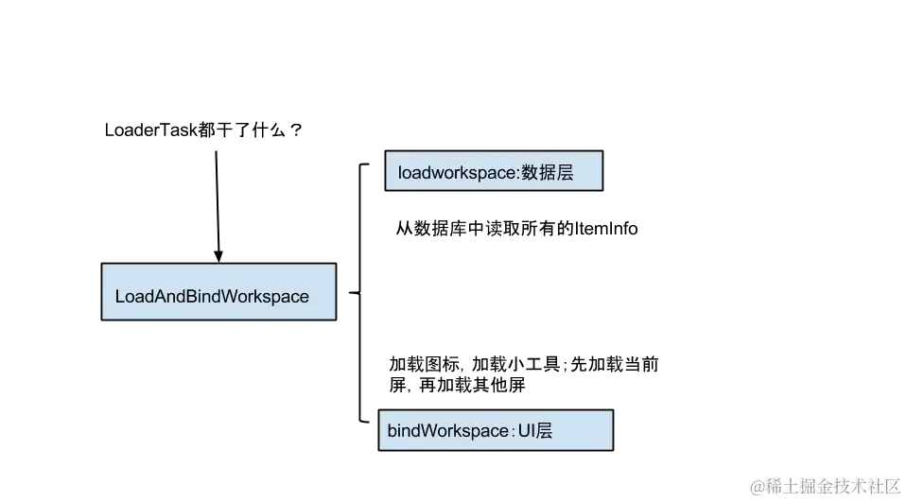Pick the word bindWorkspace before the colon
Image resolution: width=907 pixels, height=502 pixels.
coord(447,431)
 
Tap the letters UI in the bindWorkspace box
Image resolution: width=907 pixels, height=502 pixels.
coord(526,431)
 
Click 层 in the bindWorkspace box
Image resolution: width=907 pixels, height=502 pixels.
coord(544,431)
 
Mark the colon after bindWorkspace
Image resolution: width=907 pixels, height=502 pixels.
coord(513,432)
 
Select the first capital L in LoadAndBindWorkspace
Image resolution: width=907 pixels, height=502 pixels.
coord(120,297)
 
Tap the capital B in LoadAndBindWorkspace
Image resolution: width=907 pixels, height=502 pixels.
coord(192,297)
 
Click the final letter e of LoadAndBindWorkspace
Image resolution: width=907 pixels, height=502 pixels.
coord(304,298)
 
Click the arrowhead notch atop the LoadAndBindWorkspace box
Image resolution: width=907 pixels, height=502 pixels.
coord(218,258)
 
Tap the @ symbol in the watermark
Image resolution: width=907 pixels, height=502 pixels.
coord(757,485)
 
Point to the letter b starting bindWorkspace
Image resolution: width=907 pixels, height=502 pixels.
coord(392,431)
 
